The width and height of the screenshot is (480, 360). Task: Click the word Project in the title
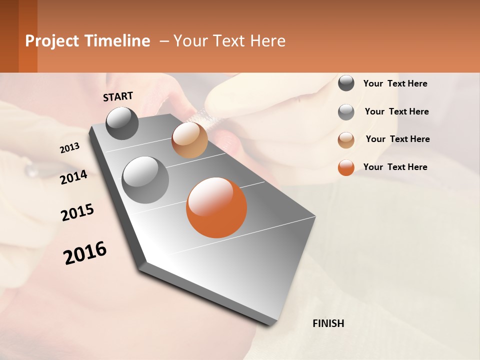tap(52, 41)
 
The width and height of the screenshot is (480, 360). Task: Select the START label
tap(118, 96)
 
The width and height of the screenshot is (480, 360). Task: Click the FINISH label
tap(328, 323)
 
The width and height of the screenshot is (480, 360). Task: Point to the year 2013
tap(69, 148)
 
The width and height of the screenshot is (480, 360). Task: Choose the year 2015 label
tap(77, 212)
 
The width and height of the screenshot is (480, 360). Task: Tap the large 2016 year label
tap(85, 253)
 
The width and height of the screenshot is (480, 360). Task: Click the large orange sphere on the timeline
tap(216, 207)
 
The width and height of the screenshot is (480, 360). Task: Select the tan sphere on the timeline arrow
tap(189, 140)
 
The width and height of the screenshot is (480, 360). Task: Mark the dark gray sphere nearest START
tap(122, 123)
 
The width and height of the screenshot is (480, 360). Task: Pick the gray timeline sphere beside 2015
tap(145, 179)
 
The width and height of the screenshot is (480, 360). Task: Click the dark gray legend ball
tap(346, 83)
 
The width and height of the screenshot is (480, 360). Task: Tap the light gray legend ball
tap(346, 112)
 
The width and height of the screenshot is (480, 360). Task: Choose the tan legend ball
tap(346, 140)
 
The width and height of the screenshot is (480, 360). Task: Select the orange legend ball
tap(346, 167)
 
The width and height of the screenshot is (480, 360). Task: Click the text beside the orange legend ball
tap(395, 167)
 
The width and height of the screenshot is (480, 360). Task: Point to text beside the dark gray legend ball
tap(395, 83)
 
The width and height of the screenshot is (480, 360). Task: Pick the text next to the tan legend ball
tap(397, 139)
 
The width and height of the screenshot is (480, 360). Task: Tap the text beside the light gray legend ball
tap(396, 111)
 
